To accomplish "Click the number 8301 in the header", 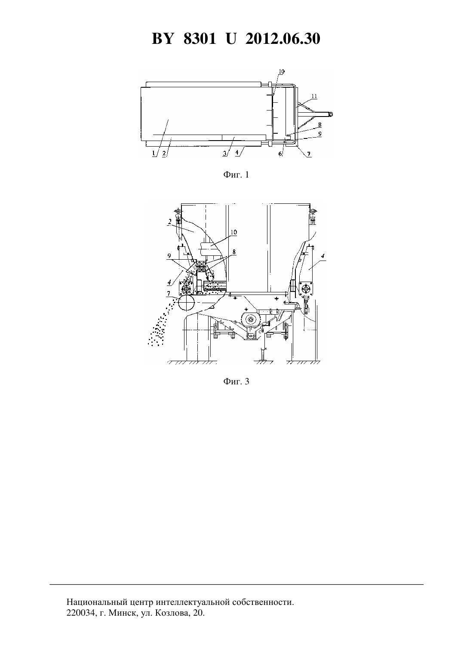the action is [200, 39].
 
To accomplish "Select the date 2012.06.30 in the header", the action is [283, 39].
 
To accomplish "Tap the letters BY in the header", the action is [163, 39].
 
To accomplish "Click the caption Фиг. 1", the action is [236, 175].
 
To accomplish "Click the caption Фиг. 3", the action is [236, 381].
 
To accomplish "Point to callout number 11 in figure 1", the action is [314, 96].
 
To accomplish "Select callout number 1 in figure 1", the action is [154, 153].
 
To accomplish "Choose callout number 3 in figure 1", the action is [225, 153].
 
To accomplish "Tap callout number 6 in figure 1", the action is [280, 153].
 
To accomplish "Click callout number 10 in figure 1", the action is [282, 71].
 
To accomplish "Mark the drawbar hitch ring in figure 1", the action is [331, 114].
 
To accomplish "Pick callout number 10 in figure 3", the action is [233, 232].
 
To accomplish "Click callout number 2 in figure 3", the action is [169, 221].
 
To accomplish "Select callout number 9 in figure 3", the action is [169, 256].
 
